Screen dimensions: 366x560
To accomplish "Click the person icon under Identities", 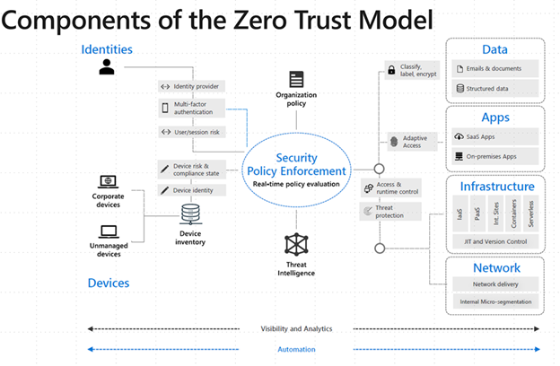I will (107, 65).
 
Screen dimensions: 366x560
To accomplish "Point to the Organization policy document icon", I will (296, 80).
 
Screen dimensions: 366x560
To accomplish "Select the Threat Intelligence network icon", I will (296, 244).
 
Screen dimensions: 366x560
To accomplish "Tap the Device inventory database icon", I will (191, 215).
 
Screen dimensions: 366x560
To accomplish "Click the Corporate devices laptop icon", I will (109, 181).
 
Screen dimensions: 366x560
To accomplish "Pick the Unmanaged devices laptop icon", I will (109, 231).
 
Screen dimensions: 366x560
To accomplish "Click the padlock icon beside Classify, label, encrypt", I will (392, 69).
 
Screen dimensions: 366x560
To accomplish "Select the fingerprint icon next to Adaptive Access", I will (392, 141).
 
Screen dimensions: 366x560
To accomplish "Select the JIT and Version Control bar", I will (495, 241).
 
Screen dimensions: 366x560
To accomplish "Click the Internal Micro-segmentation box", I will (495, 301).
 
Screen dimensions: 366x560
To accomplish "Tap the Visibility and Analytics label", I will (297, 329).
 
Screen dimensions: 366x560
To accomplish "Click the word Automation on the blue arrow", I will (297, 348).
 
